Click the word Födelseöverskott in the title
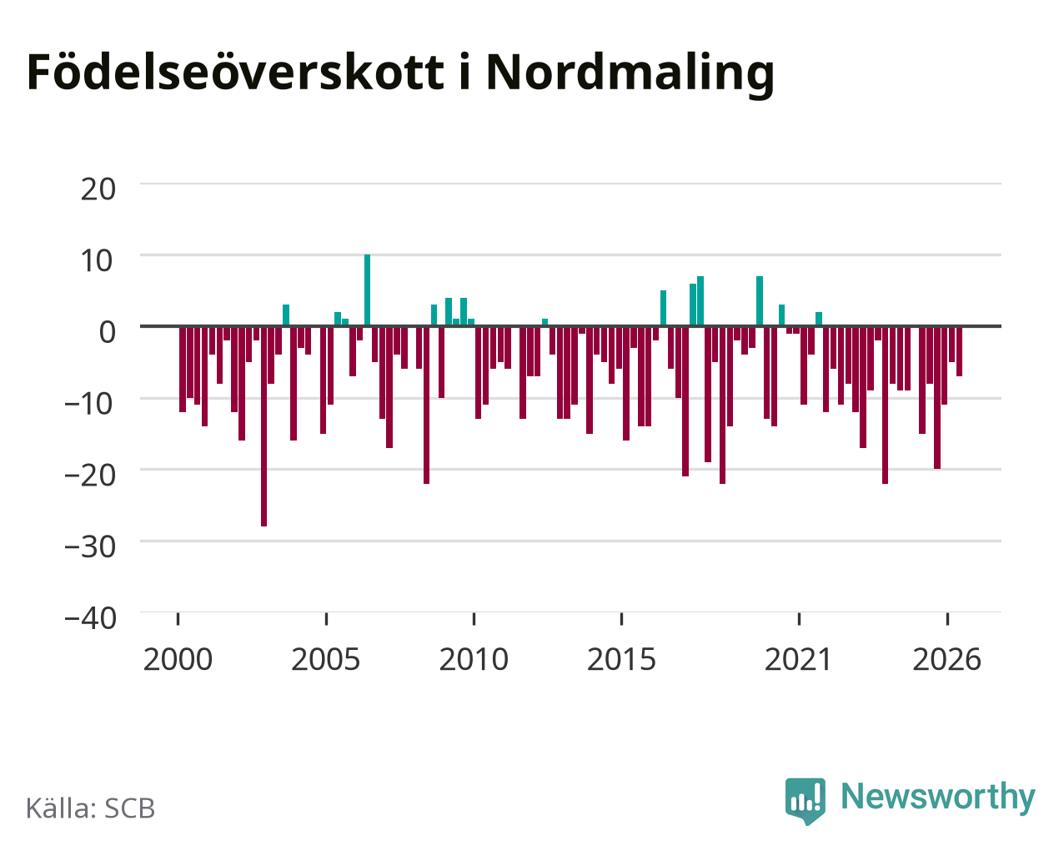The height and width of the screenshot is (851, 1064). coord(235,73)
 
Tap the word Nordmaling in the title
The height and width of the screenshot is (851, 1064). coord(630,75)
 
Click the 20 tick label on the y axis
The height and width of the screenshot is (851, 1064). coord(98,189)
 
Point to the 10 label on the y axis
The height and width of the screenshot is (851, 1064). coord(98,261)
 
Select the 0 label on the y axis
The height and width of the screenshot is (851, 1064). coord(108,332)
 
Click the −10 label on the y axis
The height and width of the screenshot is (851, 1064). coord(90,404)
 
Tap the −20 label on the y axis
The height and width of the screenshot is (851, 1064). coord(90,475)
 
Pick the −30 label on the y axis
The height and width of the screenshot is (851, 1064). coord(90,546)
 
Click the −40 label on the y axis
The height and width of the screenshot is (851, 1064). coord(90,618)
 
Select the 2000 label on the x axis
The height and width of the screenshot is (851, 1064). coord(178,659)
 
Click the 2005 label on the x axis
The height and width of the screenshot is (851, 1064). coord(326,659)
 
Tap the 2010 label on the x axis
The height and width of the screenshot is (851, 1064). coord(474,659)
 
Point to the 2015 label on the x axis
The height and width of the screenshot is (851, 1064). coord(621,659)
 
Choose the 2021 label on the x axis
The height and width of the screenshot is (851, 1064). coord(799,659)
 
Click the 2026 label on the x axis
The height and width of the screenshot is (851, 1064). coord(946,659)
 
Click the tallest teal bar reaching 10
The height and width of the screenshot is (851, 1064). coord(368,290)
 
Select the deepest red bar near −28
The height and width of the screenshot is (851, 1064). coord(264,426)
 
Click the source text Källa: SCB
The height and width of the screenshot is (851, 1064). coord(91,808)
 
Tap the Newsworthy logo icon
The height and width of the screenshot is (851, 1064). coord(806,801)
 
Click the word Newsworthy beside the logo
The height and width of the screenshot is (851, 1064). coord(938,797)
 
